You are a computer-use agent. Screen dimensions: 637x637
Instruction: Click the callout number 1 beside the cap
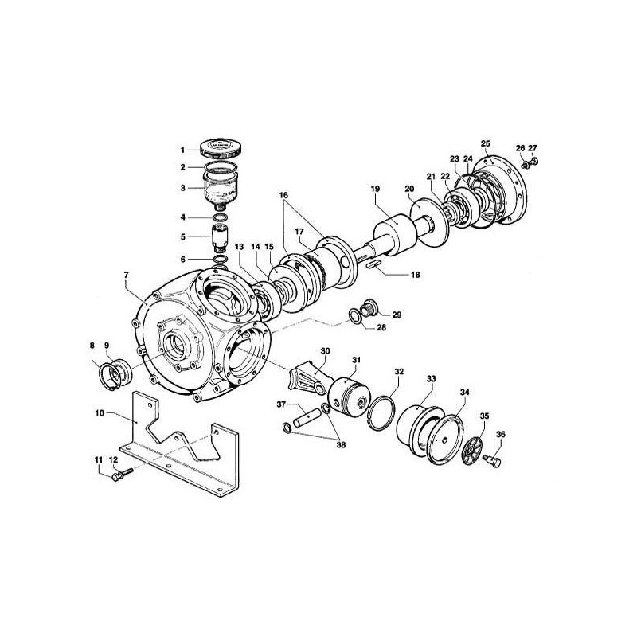(182, 150)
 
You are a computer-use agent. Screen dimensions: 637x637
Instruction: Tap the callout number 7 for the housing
(125, 275)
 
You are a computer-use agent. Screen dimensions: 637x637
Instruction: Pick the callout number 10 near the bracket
(100, 413)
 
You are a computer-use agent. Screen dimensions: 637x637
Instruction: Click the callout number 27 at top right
(533, 148)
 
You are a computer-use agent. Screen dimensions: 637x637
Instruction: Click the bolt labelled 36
(490, 459)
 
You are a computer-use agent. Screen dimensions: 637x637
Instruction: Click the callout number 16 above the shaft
(284, 194)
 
